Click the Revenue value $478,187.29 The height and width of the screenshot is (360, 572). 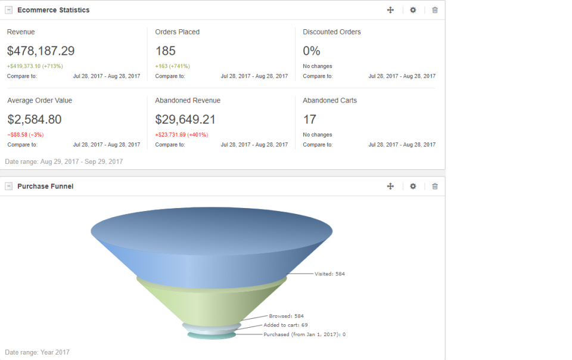point(41,51)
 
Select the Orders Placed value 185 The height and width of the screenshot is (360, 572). point(165,51)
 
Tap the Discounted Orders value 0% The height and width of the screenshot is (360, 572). point(311,51)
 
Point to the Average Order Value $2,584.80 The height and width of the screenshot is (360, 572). point(34,120)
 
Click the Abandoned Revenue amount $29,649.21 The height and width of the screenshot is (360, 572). point(185,120)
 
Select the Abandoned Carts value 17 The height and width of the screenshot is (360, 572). point(309,120)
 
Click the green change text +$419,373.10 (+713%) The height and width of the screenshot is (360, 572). point(35,66)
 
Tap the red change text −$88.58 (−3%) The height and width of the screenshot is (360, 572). point(25,135)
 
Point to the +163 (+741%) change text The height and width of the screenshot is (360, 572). point(172,66)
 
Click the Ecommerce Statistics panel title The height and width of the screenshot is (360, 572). point(54,10)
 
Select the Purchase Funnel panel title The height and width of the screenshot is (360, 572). point(45,187)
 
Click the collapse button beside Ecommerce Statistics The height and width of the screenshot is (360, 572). point(9,10)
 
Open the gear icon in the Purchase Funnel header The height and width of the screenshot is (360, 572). point(413,187)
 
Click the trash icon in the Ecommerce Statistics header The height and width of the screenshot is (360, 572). point(435,10)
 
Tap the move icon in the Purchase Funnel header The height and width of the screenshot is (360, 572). point(390,187)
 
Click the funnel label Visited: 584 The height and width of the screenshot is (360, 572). point(329,274)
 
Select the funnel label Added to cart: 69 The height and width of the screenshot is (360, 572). point(285,325)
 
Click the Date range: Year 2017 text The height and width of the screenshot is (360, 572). point(37,352)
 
